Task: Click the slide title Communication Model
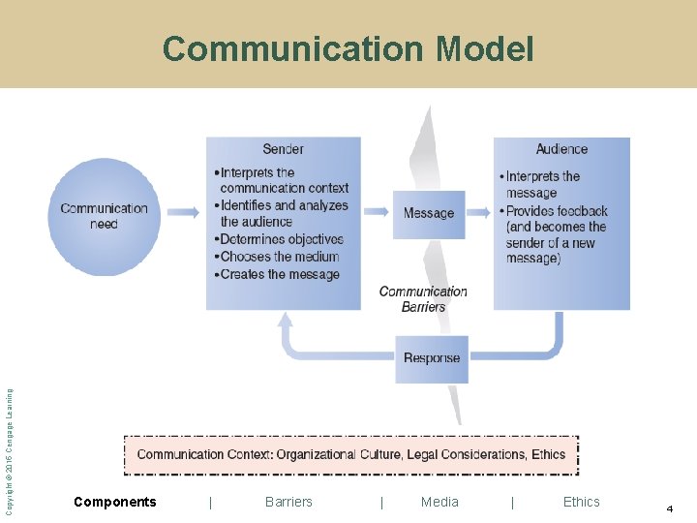coord(348,48)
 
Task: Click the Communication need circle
coord(104,217)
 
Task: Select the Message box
coord(428,214)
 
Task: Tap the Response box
coord(432,358)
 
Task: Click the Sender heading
coord(283,149)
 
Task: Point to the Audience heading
coord(561,149)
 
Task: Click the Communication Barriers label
coord(423,299)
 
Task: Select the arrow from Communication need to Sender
coord(183,211)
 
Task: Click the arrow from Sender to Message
coord(377,211)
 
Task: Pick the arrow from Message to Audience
coord(479,211)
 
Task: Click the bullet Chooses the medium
coord(279,257)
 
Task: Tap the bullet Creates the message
coord(279,274)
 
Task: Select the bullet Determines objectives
coord(281,239)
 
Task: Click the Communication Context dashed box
coord(350,454)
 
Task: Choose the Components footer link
coord(114,502)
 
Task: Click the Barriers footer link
coord(288,502)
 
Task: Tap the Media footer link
coord(439,502)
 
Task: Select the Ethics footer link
coord(581,502)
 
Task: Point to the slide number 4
coord(669,508)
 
